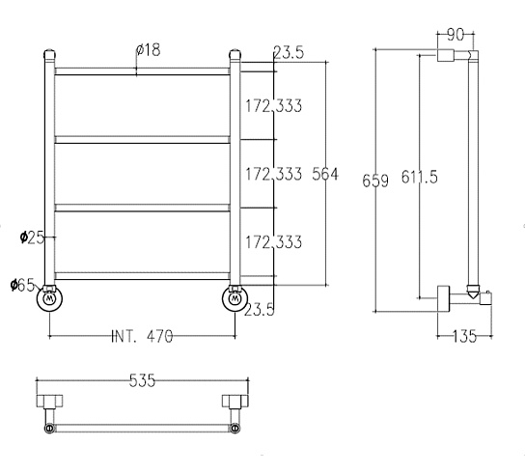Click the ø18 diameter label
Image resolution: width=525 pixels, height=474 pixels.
(x=149, y=50)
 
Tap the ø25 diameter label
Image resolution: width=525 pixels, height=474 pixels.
(x=32, y=237)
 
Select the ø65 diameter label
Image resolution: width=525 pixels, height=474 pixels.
(x=22, y=286)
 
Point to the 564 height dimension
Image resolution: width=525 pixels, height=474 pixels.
(x=325, y=174)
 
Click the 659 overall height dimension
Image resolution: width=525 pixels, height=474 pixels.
(x=375, y=181)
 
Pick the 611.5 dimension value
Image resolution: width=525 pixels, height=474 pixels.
(x=419, y=177)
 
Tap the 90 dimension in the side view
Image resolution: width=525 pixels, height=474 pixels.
(x=456, y=35)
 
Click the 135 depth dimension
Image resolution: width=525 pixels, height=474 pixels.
(x=464, y=336)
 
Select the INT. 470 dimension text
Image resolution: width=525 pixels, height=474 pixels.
(x=142, y=336)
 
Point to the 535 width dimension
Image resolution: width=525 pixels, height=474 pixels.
(x=142, y=380)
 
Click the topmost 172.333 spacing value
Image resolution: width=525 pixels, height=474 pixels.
(x=273, y=106)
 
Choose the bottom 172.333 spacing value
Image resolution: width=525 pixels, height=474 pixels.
(x=273, y=242)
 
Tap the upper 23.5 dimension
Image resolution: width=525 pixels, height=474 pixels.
(x=289, y=52)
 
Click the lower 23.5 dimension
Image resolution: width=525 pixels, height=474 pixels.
(x=260, y=310)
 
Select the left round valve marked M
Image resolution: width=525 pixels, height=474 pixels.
(x=49, y=298)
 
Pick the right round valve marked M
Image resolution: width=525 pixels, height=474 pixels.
(x=235, y=298)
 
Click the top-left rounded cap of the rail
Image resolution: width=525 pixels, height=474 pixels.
(x=49, y=54)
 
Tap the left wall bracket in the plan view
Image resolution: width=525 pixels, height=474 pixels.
(x=49, y=401)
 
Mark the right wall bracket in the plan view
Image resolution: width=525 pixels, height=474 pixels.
(x=235, y=401)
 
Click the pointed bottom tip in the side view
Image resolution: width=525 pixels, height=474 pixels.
(x=473, y=297)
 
